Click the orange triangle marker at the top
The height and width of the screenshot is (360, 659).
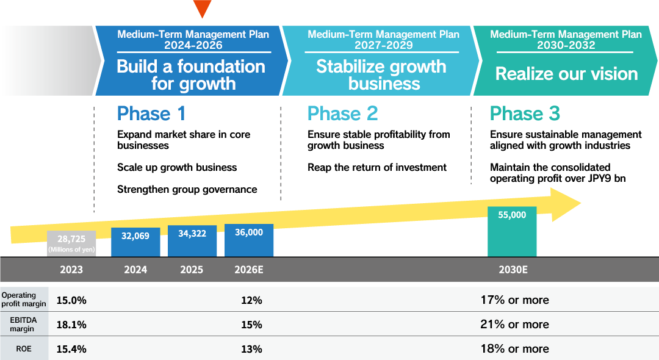click(202, 8)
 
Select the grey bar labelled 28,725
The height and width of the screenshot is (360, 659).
click(71, 243)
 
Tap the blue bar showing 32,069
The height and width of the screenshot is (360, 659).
click(135, 242)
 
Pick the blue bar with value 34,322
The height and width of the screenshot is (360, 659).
click(192, 241)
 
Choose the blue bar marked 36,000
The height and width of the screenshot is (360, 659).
click(249, 240)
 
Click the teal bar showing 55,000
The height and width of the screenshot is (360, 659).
click(512, 231)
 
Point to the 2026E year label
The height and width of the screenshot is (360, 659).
click(249, 270)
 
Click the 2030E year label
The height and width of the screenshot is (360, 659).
click(513, 270)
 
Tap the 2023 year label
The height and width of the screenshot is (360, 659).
click(71, 270)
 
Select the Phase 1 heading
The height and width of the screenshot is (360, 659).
click(151, 113)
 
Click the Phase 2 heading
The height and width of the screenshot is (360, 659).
click(342, 113)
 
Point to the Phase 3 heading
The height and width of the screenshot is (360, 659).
click(525, 113)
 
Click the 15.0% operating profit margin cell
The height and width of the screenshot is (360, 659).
click(71, 300)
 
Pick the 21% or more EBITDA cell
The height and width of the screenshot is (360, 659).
click(514, 325)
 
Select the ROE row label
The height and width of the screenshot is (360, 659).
click(24, 349)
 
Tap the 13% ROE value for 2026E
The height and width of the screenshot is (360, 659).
click(251, 349)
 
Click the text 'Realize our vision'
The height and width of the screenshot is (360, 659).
click(566, 74)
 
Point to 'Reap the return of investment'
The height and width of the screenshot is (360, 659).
click(377, 167)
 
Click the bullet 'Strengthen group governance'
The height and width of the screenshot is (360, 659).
click(187, 189)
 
